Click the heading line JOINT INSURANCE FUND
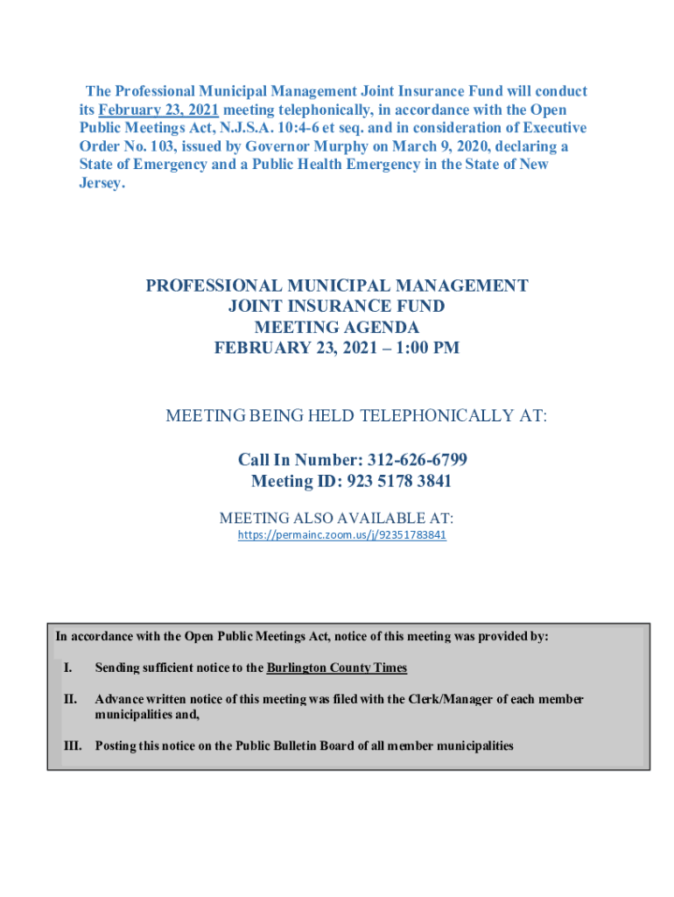(336, 307)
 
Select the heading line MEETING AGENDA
(336, 328)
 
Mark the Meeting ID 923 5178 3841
(399, 481)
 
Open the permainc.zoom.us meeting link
(342, 534)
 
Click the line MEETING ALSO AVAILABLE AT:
(336, 518)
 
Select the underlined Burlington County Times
(336, 667)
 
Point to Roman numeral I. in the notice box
(67, 667)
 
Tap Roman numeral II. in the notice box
(70, 699)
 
